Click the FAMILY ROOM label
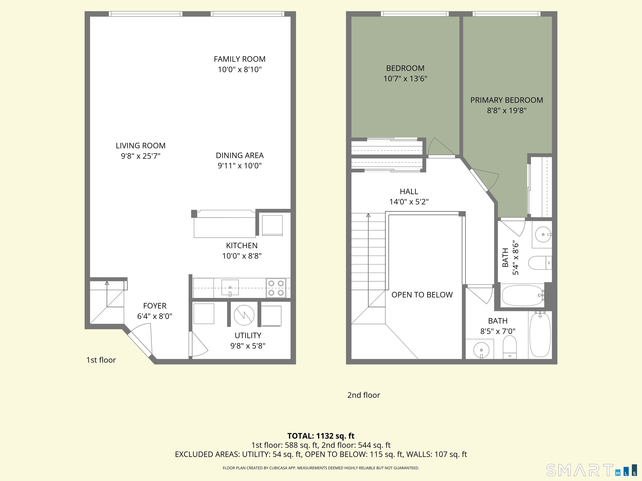pos(239,59)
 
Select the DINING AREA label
pos(239,155)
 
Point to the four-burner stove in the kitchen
pos(276,288)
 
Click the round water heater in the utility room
pos(244,315)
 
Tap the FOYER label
pos(155,306)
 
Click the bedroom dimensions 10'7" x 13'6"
pos(405,78)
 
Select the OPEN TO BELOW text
pos(422,295)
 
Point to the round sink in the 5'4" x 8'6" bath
pos(543,234)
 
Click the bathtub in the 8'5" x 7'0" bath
pos(540,335)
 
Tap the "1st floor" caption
pos(101,360)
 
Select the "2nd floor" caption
pos(363,395)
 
